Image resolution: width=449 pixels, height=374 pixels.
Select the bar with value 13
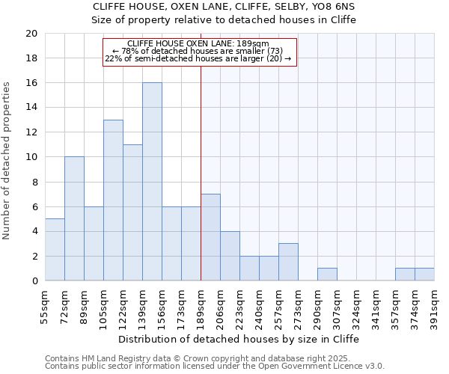[x=113, y=200]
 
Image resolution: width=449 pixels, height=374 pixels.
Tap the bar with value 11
[x=132, y=212]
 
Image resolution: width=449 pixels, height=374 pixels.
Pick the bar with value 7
[x=210, y=237]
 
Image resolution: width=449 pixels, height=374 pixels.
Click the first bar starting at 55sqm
[x=55, y=250]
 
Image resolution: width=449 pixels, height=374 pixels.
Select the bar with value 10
[x=74, y=218]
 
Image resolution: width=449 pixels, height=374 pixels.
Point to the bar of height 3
[x=288, y=262]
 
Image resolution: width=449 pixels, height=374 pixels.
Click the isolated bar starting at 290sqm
[x=327, y=275]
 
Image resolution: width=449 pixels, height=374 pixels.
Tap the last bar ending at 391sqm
[x=424, y=275]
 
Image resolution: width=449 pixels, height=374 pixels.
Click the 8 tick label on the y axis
[x=34, y=182]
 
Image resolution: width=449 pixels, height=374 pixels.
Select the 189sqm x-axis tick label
[x=201, y=305]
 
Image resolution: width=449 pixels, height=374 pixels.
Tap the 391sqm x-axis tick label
[x=434, y=305]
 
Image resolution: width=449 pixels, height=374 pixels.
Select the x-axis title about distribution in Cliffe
[x=239, y=339]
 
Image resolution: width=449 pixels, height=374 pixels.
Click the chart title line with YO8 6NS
[x=224, y=7]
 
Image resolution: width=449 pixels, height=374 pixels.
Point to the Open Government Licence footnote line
[x=215, y=367]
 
